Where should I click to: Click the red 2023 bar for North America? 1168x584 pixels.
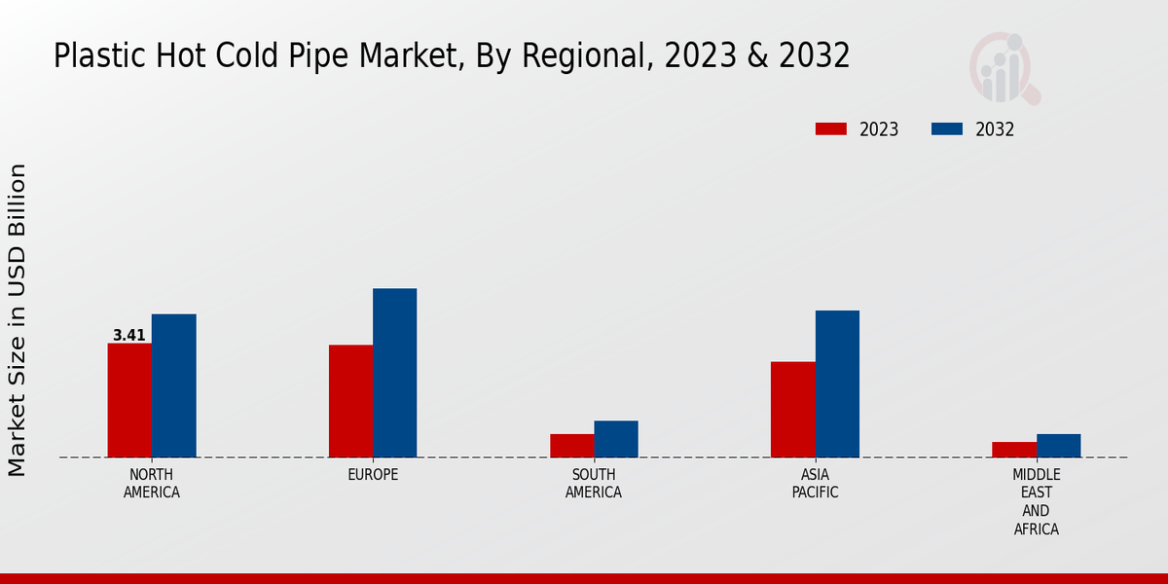tap(129, 400)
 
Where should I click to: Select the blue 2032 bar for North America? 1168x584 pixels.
tap(173, 385)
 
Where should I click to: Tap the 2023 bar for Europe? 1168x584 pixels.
tap(350, 401)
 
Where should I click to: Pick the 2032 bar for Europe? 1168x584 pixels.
tap(394, 373)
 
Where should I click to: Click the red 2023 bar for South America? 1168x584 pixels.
tap(571, 446)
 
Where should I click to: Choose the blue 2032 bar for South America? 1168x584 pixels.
tap(615, 439)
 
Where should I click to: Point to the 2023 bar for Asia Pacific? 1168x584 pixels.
tap(792, 410)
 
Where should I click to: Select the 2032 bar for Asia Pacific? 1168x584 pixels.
tap(837, 383)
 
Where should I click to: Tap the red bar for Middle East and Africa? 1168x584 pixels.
tap(1013, 450)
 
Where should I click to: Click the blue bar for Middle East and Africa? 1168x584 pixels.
tap(1058, 446)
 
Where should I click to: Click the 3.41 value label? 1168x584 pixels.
tap(129, 336)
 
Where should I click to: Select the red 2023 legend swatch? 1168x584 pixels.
tap(831, 129)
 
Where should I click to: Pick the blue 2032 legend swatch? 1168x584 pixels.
tap(947, 129)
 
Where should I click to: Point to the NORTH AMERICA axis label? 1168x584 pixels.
tap(152, 484)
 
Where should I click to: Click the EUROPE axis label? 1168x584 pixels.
tap(373, 475)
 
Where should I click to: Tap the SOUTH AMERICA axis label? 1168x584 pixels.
tap(594, 484)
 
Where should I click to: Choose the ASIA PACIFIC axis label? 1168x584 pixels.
tap(815, 484)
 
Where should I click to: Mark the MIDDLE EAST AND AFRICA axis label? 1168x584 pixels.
tap(1036, 502)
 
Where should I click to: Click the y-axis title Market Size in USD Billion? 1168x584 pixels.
tap(18, 320)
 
